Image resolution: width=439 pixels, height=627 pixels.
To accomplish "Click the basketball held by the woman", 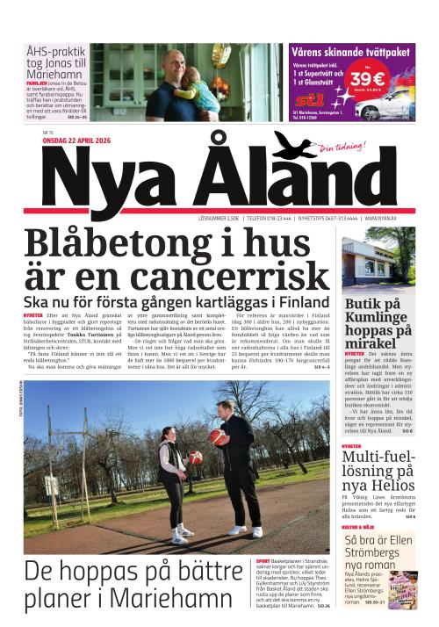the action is click(x=194, y=458).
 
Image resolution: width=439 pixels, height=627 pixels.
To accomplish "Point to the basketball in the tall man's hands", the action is click(x=217, y=436).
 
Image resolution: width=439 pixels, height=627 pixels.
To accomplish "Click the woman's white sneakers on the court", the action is click(x=182, y=533).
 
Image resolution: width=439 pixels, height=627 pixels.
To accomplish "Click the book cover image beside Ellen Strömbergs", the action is click(x=403, y=589).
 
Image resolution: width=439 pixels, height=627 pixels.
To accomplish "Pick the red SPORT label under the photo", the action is click(x=263, y=559).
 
